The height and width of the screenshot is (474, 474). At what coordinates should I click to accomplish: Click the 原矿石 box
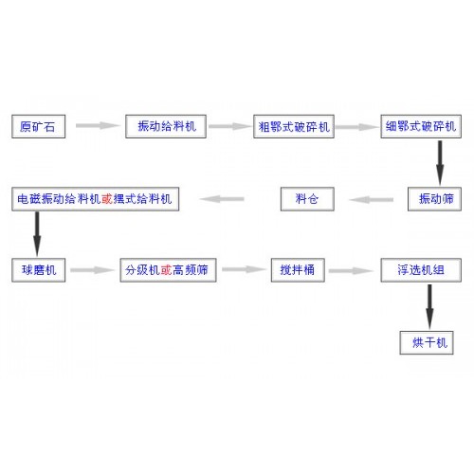[x=39, y=126]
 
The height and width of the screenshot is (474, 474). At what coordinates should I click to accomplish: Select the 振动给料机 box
[x=166, y=126]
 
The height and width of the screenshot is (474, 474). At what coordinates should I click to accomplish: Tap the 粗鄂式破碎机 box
[x=294, y=126]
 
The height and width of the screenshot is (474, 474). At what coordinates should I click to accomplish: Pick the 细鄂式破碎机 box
[x=421, y=126]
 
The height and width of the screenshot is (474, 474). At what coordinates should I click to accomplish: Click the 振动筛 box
[x=434, y=199]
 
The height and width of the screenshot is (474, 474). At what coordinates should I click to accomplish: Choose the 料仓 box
[x=307, y=199]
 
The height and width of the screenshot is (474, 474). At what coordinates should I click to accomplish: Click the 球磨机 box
[x=39, y=270]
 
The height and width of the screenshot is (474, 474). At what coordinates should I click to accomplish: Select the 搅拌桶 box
[x=298, y=270]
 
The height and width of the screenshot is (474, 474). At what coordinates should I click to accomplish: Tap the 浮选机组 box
[x=421, y=270]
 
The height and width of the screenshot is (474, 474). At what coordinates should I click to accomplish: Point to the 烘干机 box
[x=427, y=343]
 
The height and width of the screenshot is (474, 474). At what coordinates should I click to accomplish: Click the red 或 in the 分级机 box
[x=166, y=270]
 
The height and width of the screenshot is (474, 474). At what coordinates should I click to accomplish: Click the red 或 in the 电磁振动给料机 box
[x=107, y=199]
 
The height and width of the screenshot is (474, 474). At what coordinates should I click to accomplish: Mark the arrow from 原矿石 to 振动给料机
[x=98, y=125]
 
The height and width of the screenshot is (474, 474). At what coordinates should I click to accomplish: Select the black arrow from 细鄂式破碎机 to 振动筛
[x=440, y=163]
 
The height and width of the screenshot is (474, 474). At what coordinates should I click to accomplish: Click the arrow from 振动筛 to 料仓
[x=372, y=199]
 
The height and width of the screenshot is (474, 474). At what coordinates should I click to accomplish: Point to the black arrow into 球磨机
[x=37, y=234]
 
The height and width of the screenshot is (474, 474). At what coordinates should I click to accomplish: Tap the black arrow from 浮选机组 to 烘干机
[x=429, y=306]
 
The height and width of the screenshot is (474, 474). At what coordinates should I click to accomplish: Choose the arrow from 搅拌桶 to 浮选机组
[x=351, y=271]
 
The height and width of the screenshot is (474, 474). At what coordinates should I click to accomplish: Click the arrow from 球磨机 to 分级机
[x=92, y=270]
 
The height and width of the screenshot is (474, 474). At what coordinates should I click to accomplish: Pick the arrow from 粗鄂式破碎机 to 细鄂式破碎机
[x=357, y=127]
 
